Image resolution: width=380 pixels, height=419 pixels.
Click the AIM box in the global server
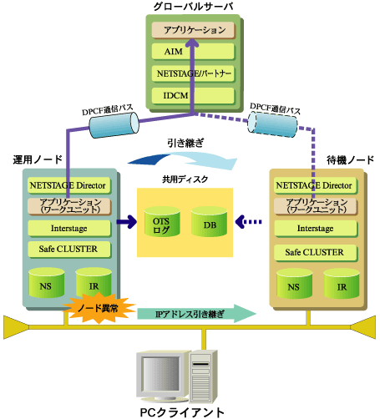[193, 52]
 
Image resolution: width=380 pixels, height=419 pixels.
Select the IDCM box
[193, 96]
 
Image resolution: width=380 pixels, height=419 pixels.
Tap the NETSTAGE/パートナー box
[193, 73]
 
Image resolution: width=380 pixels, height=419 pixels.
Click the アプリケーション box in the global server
[194, 30]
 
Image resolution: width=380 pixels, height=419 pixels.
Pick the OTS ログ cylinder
[162, 222]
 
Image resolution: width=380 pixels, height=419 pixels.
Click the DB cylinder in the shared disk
[209, 222]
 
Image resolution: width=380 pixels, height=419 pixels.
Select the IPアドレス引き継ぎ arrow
[196, 314]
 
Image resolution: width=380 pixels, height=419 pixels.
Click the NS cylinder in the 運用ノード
[47, 283]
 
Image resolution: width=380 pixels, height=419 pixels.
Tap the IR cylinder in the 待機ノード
[342, 284]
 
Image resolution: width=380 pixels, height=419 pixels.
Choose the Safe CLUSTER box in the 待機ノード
[316, 253]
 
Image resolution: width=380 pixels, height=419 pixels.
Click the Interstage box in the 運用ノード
[69, 229]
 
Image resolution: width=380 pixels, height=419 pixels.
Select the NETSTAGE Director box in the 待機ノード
[316, 185]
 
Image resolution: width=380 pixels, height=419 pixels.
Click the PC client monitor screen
[160, 374]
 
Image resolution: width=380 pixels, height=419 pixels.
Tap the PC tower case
[204, 376]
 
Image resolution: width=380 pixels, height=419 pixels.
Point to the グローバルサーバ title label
[194, 7]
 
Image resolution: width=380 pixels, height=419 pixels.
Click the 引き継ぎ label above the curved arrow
[185, 143]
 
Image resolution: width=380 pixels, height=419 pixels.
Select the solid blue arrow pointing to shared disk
[127, 222]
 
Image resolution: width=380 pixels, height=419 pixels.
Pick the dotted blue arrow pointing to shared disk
[249, 222]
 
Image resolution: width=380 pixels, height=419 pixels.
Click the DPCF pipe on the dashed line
[272, 124]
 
